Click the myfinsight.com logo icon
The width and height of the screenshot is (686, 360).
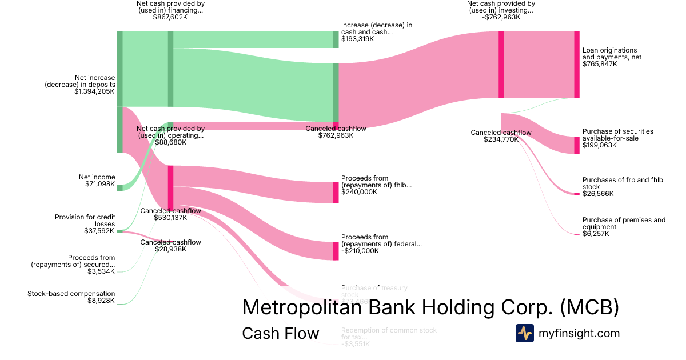(525, 333)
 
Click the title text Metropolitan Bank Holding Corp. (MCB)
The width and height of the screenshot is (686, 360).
(430, 307)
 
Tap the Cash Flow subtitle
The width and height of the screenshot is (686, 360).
(280, 333)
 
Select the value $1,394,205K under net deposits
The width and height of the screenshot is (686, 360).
(94, 91)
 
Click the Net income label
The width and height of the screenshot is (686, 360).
(97, 177)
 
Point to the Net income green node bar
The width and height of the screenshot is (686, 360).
(120, 187)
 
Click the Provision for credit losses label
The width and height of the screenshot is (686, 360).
(85, 221)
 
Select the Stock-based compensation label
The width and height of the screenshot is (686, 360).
(71, 294)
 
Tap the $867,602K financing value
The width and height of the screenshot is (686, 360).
(170, 18)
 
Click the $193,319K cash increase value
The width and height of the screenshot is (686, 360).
(357, 39)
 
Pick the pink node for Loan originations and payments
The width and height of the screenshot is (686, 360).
(577, 65)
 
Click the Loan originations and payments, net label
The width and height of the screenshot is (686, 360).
(609, 54)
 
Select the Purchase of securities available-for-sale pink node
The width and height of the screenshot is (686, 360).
(577, 145)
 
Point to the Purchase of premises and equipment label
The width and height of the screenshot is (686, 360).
(624, 223)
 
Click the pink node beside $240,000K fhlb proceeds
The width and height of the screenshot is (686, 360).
(336, 193)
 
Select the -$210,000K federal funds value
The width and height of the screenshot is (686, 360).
(360, 251)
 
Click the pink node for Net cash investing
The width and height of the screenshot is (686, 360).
(501, 65)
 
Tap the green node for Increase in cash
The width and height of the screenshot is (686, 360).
(336, 39)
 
